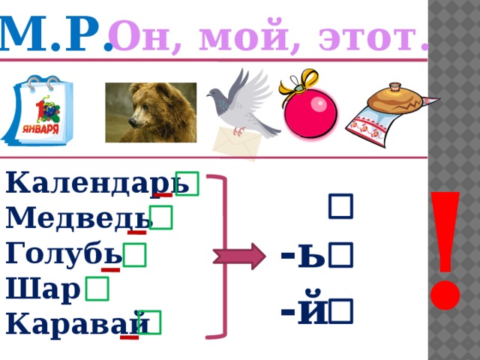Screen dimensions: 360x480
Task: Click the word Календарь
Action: pyautogui.click(x=91, y=183)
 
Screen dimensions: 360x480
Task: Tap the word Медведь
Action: pyautogui.click(x=78, y=218)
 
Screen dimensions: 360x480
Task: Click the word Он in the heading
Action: pyautogui.click(x=135, y=35)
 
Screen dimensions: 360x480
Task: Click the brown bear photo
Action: pyautogui.click(x=151, y=112)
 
